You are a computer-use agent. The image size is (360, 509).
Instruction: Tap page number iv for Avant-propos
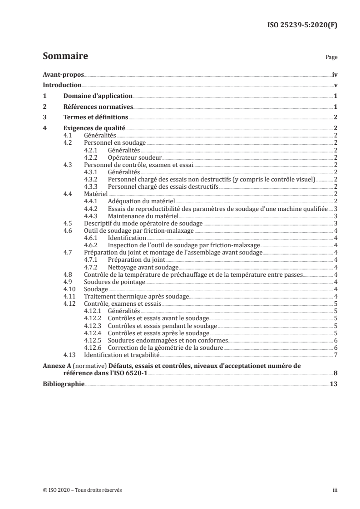(x=334, y=75)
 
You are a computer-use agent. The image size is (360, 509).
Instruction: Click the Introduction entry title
(x=62, y=85)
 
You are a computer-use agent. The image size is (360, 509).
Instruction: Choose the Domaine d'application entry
(x=98, y=96)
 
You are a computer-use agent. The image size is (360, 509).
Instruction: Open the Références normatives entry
(x=98, y=107)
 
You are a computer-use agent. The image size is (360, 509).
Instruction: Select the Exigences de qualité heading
(x=94, y=128)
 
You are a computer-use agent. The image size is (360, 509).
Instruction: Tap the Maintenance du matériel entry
(x=139, y=216)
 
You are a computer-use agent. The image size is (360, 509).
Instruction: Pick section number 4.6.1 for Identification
(x=91, y=238)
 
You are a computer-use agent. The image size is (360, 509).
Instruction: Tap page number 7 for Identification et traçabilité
(x=335, y=354)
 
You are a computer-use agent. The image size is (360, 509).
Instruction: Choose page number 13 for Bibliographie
(x=333, y=383)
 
